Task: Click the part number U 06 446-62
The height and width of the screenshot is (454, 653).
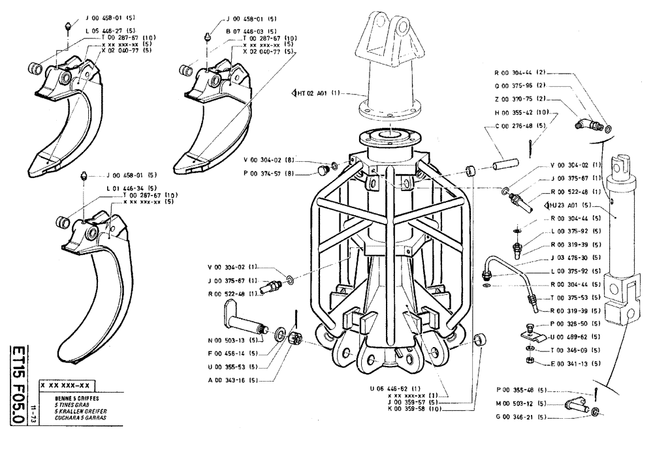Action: click(403, 387)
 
